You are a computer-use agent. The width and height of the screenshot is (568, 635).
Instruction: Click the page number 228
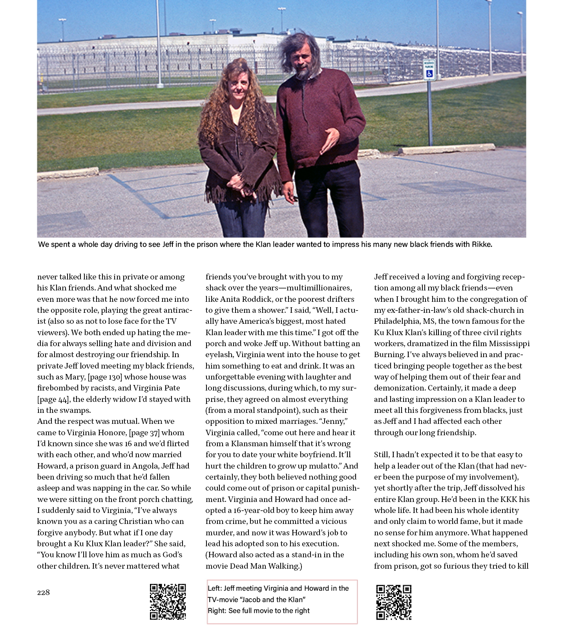pyautogui.click(x=43, y=592)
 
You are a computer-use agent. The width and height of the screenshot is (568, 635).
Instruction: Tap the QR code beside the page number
pyautogui.click(x=168, y=602)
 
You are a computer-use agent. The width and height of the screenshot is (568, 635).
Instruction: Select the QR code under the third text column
pyautogui.click(x=393, y=602)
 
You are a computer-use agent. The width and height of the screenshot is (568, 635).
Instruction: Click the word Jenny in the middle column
pyautogui.click(x=334, y=422)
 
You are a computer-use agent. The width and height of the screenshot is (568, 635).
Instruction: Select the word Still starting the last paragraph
pyautogui.click(x=381, y=455)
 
